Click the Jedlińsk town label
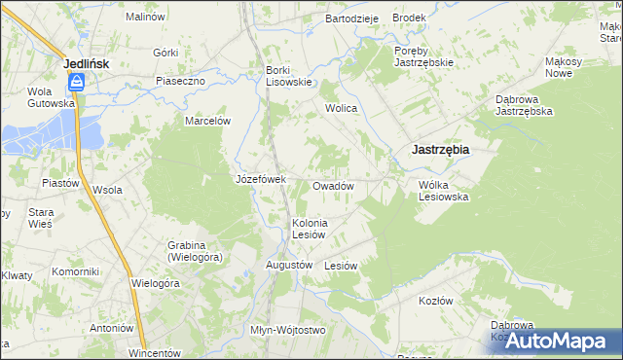86,63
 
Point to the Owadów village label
332,185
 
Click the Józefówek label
260,179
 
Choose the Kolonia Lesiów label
311,229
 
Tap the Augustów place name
289,265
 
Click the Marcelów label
207,121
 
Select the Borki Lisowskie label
289,76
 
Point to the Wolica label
342,108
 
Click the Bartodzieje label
351,18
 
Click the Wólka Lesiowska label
444,190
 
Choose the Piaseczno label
180,81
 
